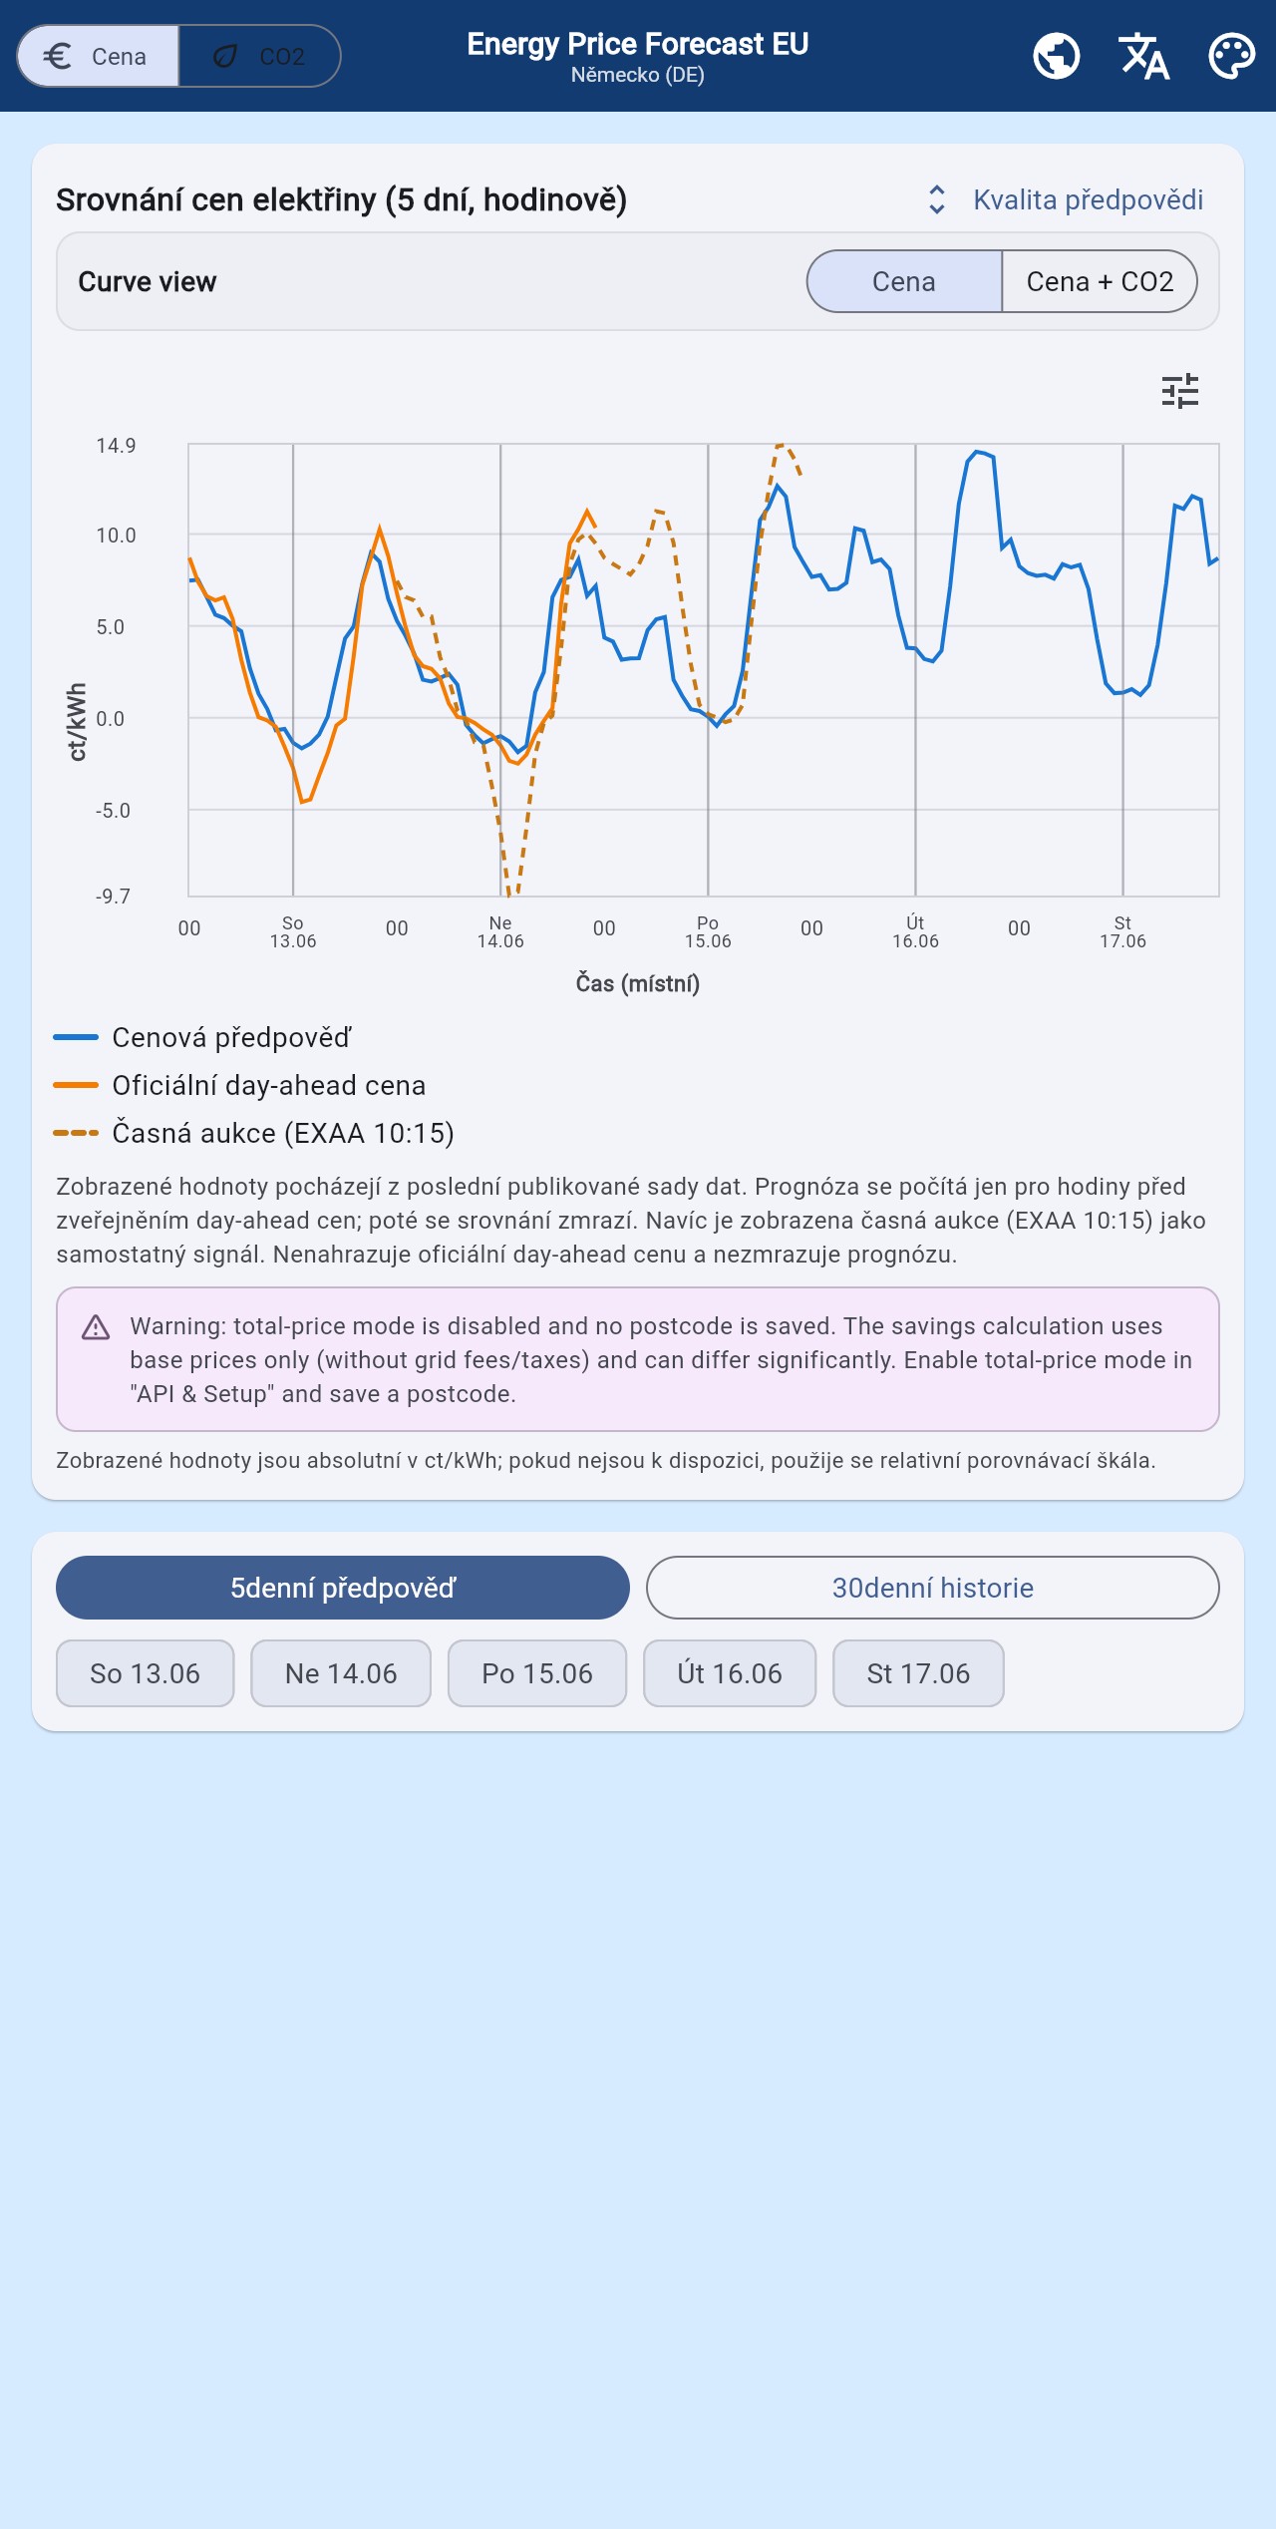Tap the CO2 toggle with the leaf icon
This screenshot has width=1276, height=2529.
pos(259,56)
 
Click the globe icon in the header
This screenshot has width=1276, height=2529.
pos(1057,56)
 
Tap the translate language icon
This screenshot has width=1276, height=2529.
pos(1143,56)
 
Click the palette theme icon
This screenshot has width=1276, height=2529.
pos(1232,56)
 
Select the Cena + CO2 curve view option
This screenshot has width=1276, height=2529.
pos(1100,281)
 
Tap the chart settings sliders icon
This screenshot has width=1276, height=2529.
pos(1180,391)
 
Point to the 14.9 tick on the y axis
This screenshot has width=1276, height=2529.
pos(116,446)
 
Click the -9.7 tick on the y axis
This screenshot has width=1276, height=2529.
pos(113,897)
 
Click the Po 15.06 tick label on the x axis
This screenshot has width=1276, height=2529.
pos(708,932)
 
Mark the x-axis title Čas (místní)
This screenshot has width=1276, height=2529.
pos(638,983)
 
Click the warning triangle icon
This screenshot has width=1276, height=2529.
pos(96,1327)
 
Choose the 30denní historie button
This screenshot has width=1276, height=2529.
pos(933,1588)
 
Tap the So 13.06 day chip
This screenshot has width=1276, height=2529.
pos(146,1673)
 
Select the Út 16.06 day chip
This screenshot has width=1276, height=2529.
pos(730,1673)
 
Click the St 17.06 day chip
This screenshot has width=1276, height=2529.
pos(918,1673)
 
